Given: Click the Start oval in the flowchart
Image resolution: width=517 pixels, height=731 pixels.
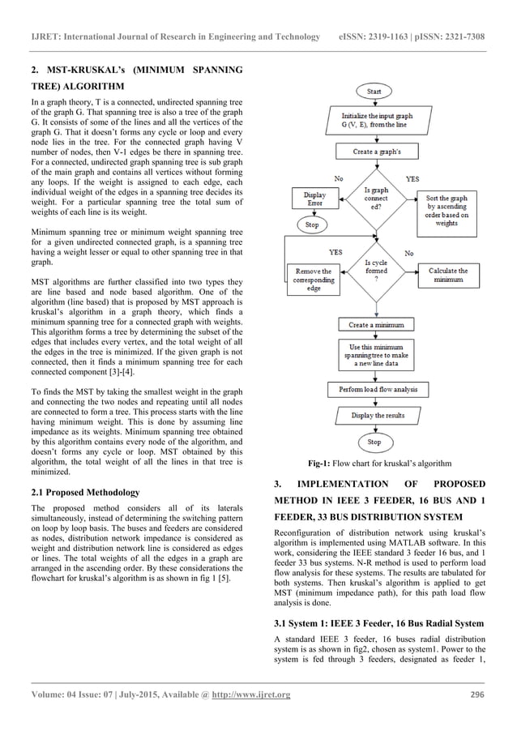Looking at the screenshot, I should pos(374,92).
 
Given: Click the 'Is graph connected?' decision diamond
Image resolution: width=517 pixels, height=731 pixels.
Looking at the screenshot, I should pos(374,199).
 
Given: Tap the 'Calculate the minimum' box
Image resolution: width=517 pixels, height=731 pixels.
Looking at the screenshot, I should pos(447,275).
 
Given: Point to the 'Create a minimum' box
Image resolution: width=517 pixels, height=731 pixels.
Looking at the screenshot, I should pos(374,324).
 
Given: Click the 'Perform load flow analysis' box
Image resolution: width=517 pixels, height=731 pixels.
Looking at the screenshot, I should pos(374,390).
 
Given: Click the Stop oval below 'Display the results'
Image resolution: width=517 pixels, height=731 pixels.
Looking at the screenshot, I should pos(374,442).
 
